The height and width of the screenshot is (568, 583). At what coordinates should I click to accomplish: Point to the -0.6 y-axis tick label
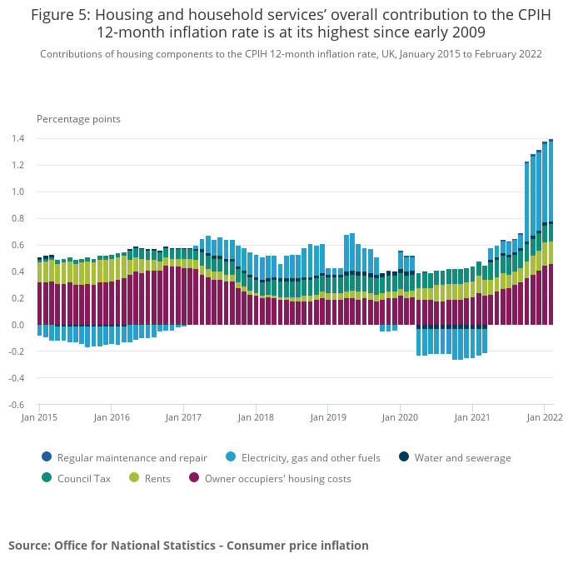click(16, 405)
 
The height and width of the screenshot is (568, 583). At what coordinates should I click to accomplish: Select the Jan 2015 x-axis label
click(38, 417)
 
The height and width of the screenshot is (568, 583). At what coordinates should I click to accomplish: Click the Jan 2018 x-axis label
click(257, 417)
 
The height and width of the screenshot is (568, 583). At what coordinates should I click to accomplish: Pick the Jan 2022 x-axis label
click(544, 417)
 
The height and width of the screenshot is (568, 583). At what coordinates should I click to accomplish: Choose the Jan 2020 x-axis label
click(401, 417)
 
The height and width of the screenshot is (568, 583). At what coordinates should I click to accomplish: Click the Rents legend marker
click(134, 478)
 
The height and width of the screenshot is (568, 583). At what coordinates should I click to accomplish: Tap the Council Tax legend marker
click(46, 478)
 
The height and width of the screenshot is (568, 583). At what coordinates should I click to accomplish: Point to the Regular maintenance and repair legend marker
click(46, 457)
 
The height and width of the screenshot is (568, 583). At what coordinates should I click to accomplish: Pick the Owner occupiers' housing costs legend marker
click(194, 478)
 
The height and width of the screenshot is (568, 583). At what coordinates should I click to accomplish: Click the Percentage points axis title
click(78, 119)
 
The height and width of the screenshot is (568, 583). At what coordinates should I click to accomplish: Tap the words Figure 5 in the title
click(62, 14)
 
